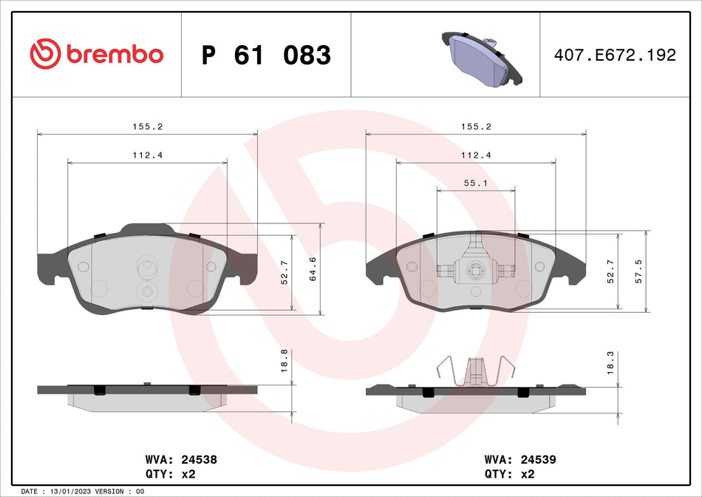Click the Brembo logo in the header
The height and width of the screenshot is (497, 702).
pos(96,54)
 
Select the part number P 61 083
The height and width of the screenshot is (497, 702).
pos(266,55)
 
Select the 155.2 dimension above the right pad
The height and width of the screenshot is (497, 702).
pos(476,126)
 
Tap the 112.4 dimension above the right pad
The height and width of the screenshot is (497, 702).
pos(476,155)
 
